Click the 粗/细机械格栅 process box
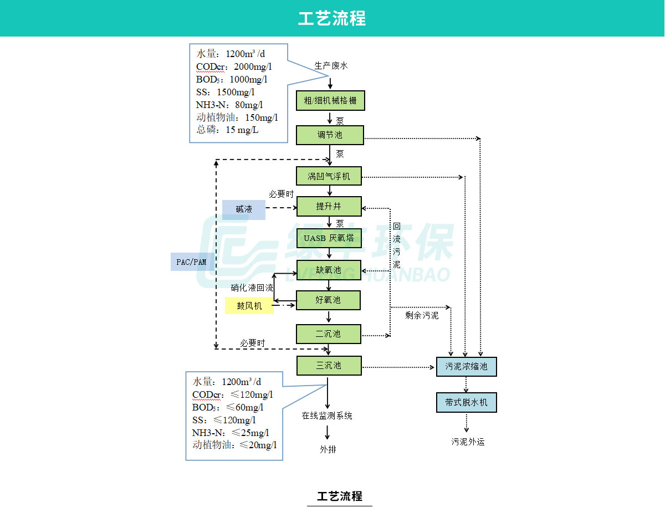point(330,101)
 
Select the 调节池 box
point(330,135)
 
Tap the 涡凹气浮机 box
point(329,177)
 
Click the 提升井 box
point(329,207)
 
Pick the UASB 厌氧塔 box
point(329,238)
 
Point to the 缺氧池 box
point(328,270)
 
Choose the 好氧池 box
point(328,300)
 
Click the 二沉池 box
point(329,334)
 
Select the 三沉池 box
point(329,366)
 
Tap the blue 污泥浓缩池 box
point(466,367)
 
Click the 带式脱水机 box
point(466,403)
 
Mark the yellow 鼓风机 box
point(249,306)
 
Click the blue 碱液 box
point(244,209)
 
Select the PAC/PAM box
point(192,261)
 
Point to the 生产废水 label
point(331,66)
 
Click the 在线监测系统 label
point(327,416)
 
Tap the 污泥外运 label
point(468,442)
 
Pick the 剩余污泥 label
point(422,316)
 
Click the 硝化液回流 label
point(252,288)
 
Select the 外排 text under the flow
point(328,449)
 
